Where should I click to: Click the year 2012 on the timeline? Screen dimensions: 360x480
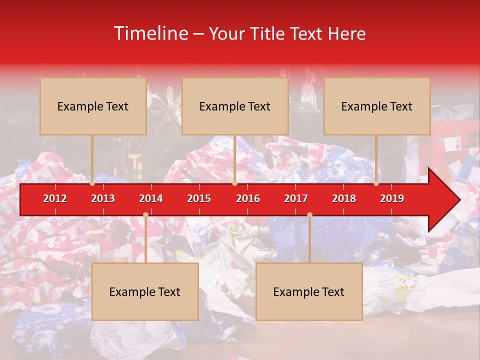(x=55, y=198)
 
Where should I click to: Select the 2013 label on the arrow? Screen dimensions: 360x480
(x=103, y=198)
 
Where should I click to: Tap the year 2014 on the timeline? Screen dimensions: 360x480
(x=151, y=198)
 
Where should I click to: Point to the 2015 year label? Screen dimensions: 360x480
(x=199, y=198)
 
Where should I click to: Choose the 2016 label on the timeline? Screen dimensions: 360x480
(x=248, y=198)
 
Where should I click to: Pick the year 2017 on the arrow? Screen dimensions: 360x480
(x=296, y=198)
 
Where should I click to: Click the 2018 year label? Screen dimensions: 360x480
(x=344, y=198)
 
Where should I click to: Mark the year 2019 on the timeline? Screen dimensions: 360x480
(x=392, y=198)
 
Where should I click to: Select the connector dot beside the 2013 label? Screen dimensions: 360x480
(x=92, y=183)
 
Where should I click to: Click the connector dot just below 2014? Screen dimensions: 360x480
(x=145, y=215)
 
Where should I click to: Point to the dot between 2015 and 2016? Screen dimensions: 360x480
(x=234, y=183)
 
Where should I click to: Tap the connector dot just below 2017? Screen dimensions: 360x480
(x=309, y=215)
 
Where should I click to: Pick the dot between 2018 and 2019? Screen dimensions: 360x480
(x=376, y=183)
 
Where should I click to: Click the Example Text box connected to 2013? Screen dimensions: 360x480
(x=93, y=106)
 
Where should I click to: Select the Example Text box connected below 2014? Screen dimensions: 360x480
(x=145, y=292)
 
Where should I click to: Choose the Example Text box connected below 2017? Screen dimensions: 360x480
(x=309, y=292)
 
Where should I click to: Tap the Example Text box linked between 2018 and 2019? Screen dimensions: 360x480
(x=377, y=106)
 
